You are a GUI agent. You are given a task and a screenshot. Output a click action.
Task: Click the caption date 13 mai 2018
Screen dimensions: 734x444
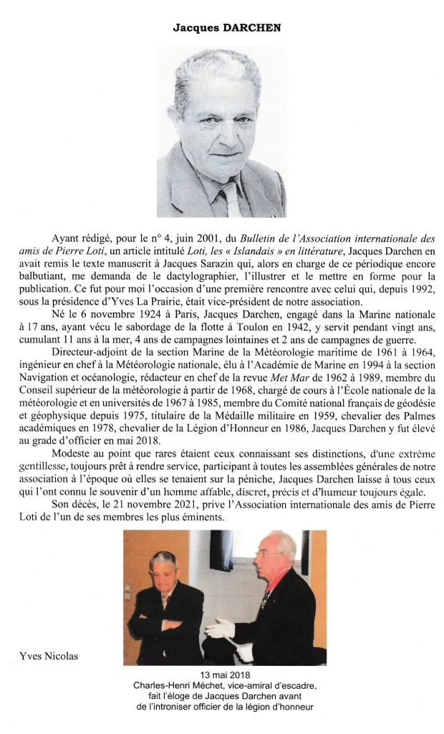(x=225, y=675)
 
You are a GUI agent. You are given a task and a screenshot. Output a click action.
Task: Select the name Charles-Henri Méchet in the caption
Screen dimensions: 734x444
(x=179, y=685)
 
